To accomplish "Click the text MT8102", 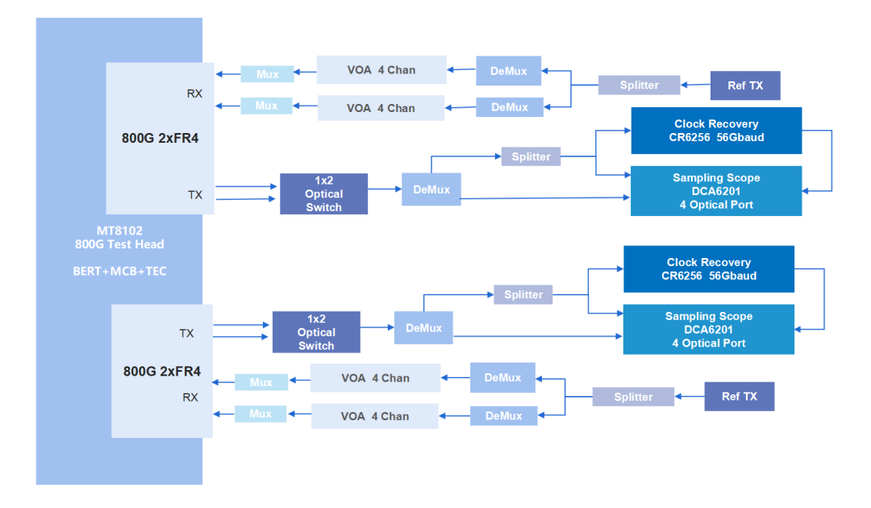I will pos(119,231).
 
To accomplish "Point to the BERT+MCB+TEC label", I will pos(119,271).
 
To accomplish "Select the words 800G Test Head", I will pos(119,244).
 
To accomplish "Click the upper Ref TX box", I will pos(744,85).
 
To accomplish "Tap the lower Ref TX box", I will pos(739,397).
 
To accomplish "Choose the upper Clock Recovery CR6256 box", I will pos(716,131).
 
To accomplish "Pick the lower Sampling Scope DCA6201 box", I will pos(708,330).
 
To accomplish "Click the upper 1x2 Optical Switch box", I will pos(323,194).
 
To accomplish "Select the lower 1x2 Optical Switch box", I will pos(315,332).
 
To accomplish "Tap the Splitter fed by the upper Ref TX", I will pos(639,85).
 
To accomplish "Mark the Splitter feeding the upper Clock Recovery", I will pos(531,156).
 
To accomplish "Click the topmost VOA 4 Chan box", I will pos(381,70).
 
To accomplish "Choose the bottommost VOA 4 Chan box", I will pos(374,416).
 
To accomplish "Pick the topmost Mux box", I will pos(267,74).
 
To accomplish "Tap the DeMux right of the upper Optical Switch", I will pos(431,189).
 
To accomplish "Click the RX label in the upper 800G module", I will pos(194,94).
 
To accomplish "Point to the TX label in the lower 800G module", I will pos(186,333).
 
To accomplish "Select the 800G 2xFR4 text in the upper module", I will pos(160,138).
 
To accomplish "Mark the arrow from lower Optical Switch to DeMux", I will pos(377,327).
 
